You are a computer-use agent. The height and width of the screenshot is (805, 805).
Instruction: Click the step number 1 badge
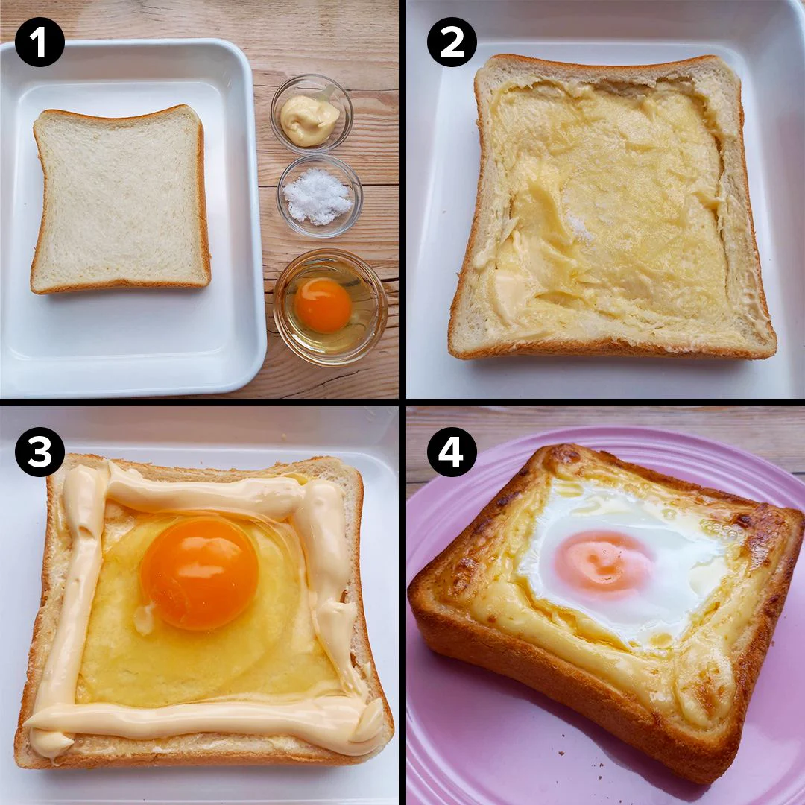tap(40, 42)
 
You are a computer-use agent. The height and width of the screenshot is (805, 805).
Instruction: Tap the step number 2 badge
tap(451, 42)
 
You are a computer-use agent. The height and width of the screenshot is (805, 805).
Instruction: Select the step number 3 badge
tap(40, 452)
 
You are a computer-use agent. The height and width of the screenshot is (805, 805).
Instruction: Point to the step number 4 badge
tap(451, 452)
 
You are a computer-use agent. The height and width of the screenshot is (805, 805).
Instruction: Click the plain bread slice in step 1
tap(121, 200)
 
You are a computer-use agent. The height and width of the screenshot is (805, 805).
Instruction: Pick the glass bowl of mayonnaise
tap(311, 115)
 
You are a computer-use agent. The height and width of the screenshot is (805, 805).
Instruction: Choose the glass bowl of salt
tap(319, 195)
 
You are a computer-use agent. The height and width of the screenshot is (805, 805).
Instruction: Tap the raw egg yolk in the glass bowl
tap(323, 306)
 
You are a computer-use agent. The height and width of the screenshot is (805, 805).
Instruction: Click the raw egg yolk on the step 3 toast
tap(199, 572)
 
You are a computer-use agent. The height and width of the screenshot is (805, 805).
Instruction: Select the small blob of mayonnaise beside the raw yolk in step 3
tap(146, 617)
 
